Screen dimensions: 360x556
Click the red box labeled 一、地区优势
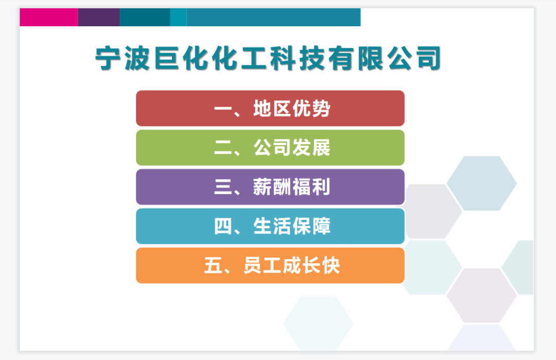pos(270,108)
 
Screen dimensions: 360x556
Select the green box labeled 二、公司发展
pos(270,148)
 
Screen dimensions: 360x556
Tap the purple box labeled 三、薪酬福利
pos(270,187)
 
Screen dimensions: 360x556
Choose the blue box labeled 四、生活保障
pos(270,226)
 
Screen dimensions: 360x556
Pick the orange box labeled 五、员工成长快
pos(270,266)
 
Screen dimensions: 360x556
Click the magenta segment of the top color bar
pos(49,17)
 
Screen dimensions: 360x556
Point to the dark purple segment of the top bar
pos(98,17)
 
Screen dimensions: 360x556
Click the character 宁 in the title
pos(110,58)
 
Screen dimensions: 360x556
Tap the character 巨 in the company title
pos(168,58)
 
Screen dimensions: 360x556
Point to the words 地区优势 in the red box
pos(292,109)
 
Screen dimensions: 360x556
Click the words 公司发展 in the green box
pos(292,148)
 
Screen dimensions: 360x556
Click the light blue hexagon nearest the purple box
pos(481,183)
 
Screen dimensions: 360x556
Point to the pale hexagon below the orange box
pos(318,323)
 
